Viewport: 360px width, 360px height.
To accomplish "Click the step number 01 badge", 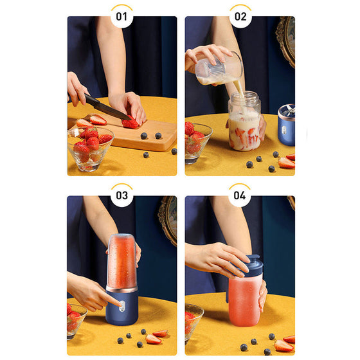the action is [122, 17].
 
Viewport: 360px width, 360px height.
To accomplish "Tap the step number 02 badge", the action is [240, 17].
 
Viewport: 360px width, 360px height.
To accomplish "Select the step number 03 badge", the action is [122, 195].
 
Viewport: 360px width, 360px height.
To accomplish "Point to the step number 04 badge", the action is [240, 195].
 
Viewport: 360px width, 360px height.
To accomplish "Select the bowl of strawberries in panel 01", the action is [90, 148].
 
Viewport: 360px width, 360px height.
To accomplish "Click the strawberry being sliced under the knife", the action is [130, 123].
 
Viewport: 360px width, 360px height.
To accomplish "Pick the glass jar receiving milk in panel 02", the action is [244, 121].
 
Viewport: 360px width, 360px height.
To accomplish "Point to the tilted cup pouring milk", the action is [219, 67].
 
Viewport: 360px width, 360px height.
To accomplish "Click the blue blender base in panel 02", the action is [286, 125].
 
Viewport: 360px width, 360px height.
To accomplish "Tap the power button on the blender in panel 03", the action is [122, 306].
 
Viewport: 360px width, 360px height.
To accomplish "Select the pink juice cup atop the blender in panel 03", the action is [122, 261].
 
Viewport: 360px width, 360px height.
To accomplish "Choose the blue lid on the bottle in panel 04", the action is [250, 267].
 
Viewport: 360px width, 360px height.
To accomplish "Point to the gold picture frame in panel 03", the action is [168, 219].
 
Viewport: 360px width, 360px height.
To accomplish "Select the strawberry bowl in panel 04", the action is [194, 322].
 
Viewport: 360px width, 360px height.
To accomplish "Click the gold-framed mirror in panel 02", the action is [286, 41].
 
